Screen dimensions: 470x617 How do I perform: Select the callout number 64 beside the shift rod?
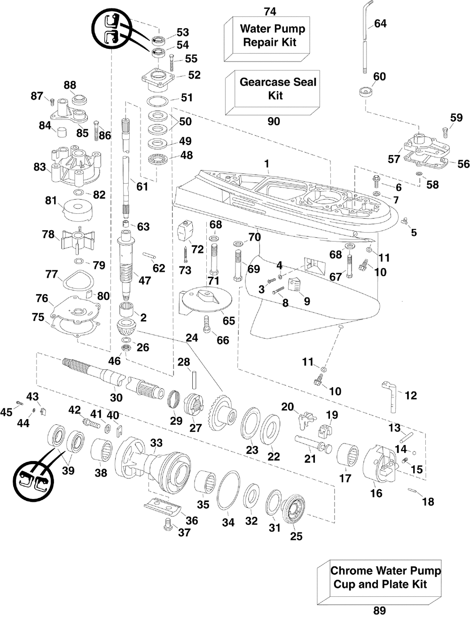380,23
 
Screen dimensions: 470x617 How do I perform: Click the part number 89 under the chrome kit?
379,610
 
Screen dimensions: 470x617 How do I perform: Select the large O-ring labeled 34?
228,490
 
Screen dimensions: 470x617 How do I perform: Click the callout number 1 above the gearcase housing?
266,164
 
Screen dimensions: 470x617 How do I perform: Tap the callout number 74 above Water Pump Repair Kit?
270,12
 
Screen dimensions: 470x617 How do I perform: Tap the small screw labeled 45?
19,403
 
